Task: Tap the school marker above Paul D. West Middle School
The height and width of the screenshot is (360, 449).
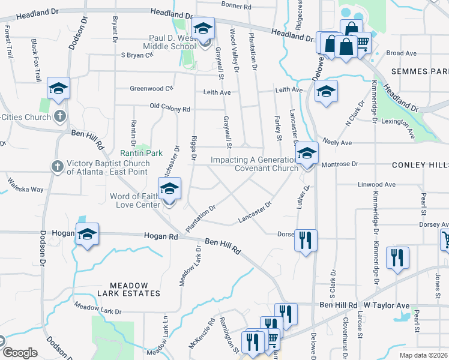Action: pos(203,28)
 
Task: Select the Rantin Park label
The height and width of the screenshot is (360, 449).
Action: pos(142,153)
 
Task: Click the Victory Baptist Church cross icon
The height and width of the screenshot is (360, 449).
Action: pos(57,166)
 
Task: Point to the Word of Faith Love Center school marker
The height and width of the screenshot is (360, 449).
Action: pos(169,190)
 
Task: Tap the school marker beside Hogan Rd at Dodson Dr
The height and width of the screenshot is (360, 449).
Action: pos(87,233)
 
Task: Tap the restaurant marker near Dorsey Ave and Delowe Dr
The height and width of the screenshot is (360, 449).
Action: pos(307,240)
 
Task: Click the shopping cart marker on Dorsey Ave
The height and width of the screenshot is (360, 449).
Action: pos(445,239)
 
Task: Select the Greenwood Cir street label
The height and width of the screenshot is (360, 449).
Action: pos(151,88)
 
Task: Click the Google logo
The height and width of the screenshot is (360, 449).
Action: pos(19,353)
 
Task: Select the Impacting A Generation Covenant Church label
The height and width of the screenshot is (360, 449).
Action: pos(255,164)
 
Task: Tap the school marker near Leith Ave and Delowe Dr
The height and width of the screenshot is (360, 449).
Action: pos(326,91)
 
